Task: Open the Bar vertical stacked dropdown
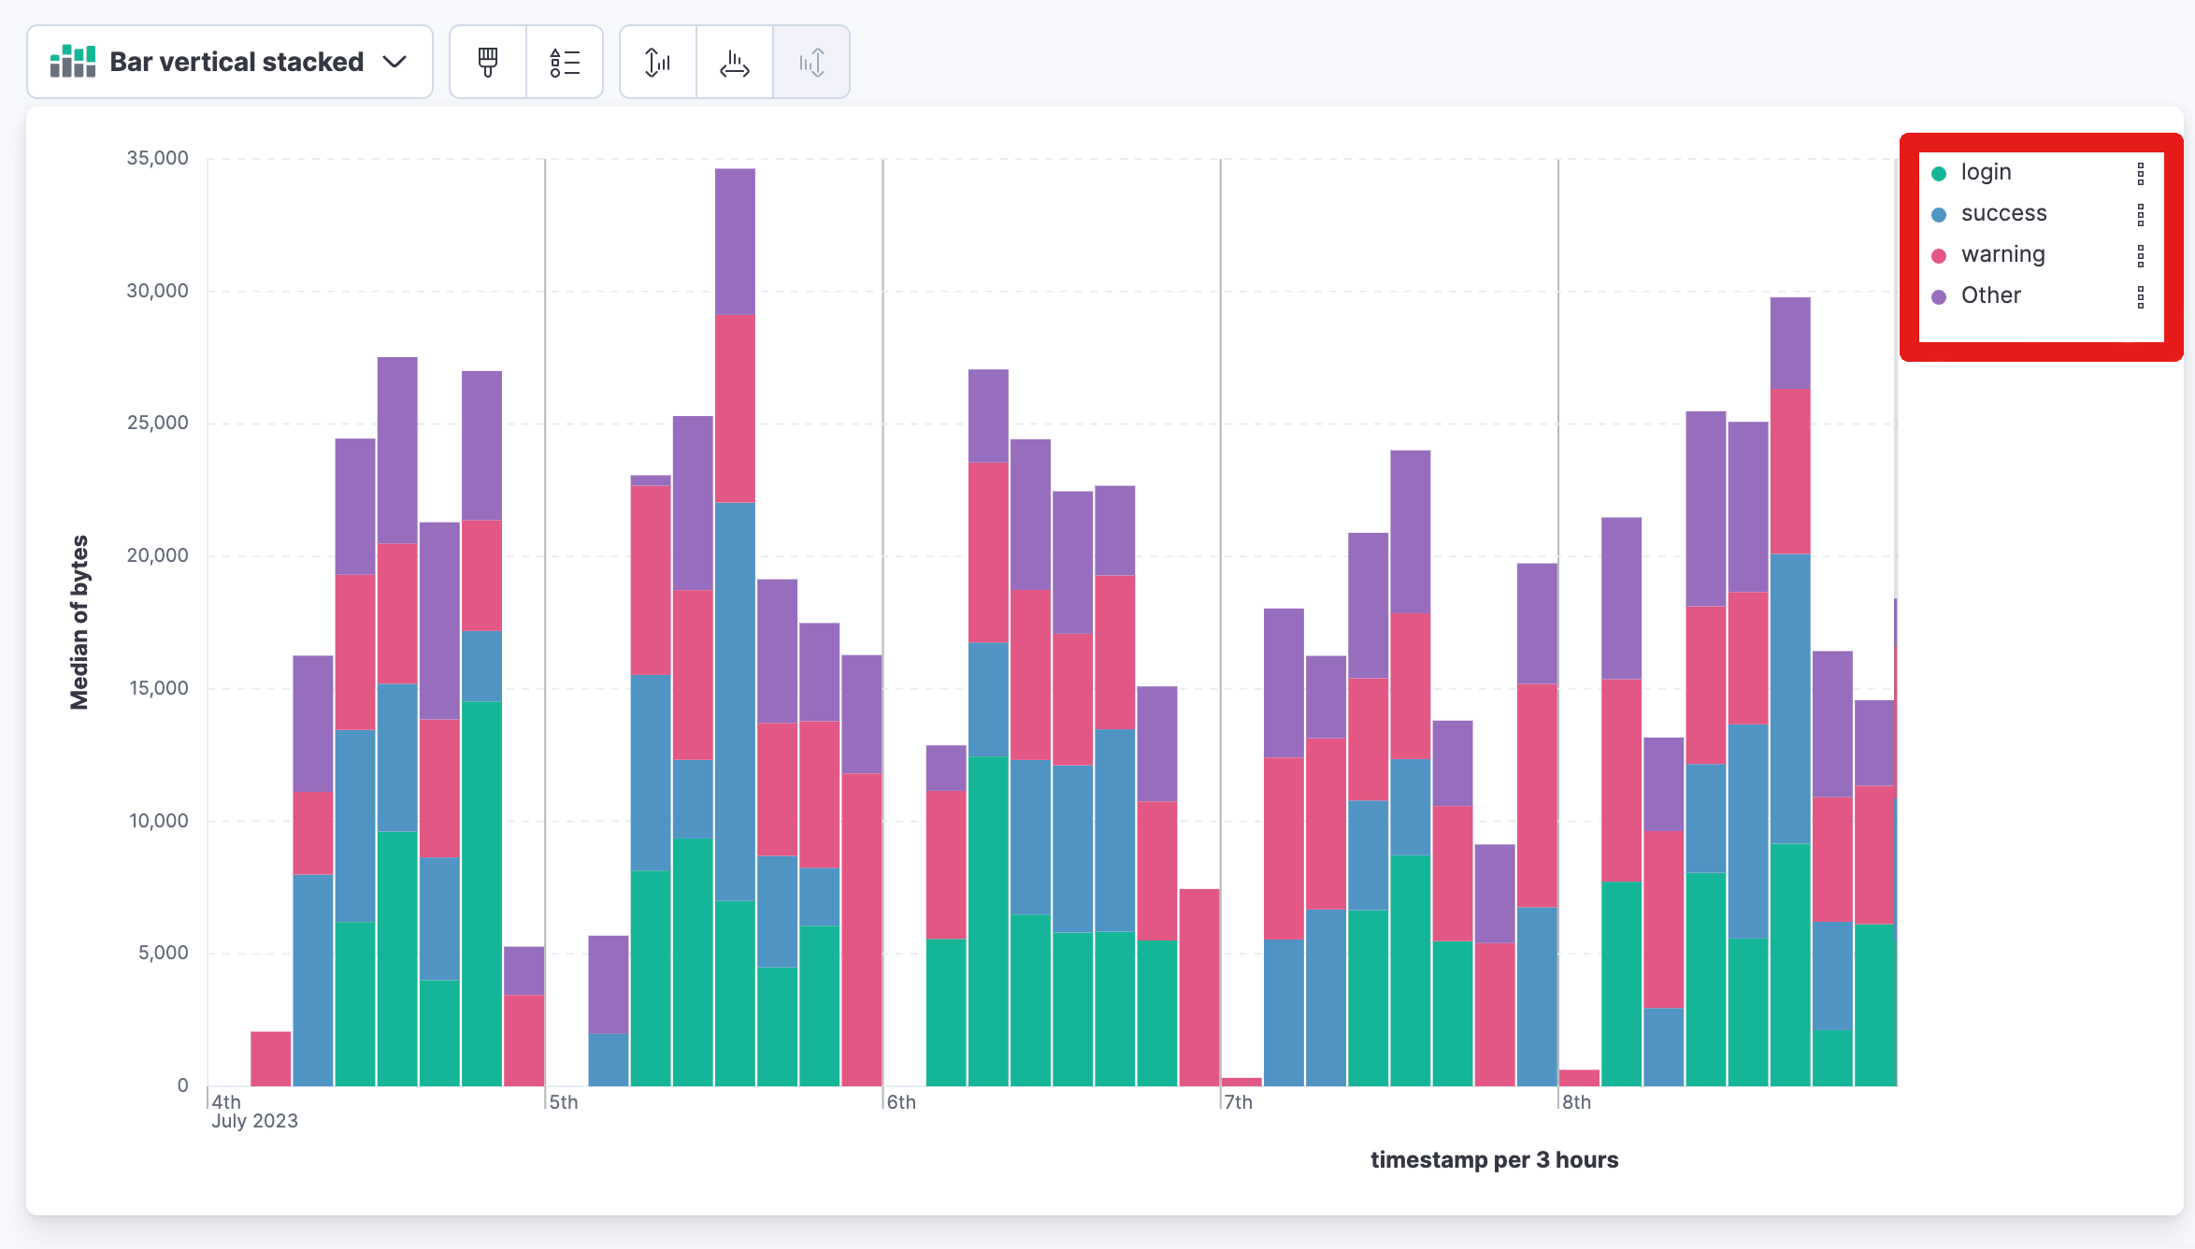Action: pos(230,62)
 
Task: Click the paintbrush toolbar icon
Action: pos(488,62)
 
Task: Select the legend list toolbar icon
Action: pos(565,62)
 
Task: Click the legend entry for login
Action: pos(1986,172)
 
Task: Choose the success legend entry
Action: pos(2003,213)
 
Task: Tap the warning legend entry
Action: pos(2002,254)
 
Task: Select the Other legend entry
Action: pos(1990,295)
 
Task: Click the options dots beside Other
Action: pos(2140,296)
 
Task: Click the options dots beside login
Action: pos(2140,173)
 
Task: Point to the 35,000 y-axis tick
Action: pos(157,158)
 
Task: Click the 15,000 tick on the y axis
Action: pos(158,688)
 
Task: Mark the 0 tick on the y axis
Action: pos(182,1085)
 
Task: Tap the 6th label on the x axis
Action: pos(901,1102)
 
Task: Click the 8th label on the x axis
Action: pos(1576,1102)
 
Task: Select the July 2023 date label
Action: pos(254,1121)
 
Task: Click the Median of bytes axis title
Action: pos(79,622)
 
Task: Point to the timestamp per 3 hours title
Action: pos(1494,1159)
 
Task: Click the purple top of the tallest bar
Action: pos(735,241)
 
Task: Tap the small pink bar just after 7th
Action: pos(1241,1082)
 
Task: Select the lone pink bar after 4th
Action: pos(271,1058)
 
